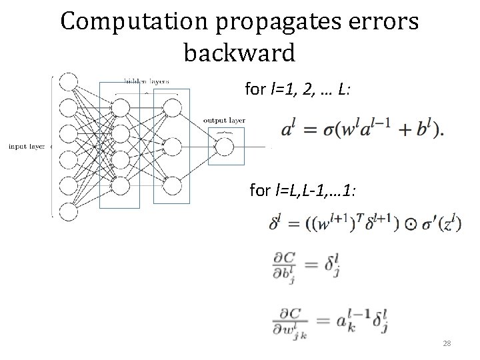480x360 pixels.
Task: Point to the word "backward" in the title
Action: coord(239,53)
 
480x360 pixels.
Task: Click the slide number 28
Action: coord(447,343)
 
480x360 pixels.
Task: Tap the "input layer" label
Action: coord(26,146)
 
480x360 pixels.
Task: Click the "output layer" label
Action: coord(223,120)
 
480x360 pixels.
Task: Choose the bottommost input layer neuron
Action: coord(67,211)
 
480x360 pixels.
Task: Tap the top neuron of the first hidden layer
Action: coord(120,107)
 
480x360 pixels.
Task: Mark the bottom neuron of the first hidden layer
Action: coord(120,183)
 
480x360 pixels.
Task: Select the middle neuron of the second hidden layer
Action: coord(172,145)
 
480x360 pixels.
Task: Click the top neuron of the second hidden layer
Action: coord(172,107)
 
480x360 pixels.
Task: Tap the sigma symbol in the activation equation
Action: coord(329,131)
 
